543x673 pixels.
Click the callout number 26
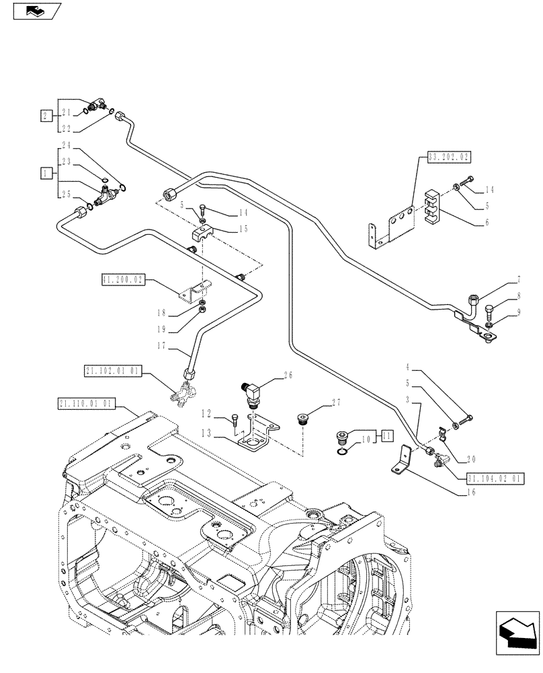289,375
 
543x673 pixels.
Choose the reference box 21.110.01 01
87,404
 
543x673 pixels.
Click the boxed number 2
45,115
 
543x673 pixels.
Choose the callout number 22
84,128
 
